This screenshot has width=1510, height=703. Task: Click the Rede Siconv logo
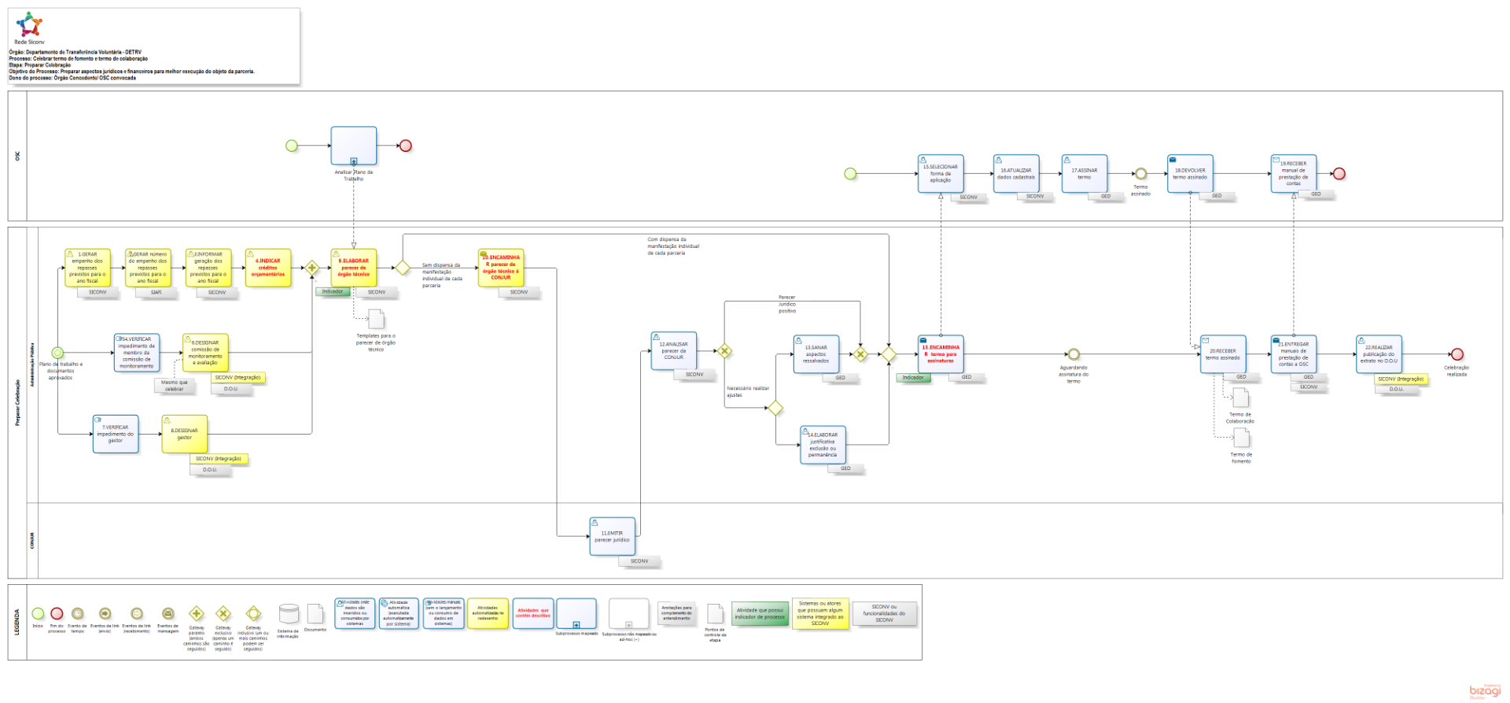coord(30,25)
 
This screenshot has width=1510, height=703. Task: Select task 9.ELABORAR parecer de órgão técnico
coord(354,268)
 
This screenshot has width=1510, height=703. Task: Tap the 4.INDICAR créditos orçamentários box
coord(268,268)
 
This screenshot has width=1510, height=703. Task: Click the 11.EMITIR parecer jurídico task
coord(613,536)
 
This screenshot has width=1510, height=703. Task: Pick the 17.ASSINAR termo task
coord(1084,173)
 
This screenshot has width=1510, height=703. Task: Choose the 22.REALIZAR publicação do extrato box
coord(1379,353)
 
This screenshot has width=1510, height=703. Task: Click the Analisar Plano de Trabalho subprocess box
coord(354,146)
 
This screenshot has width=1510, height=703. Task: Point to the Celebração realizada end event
coord(1457,354)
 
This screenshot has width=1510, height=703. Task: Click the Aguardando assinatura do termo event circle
coord(1074,354)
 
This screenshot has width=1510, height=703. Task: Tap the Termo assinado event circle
coord(1140,174)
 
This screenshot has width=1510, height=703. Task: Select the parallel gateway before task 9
coord(312,268)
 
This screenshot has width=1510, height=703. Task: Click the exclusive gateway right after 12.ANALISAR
coord(724,351)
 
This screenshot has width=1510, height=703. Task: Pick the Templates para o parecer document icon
coord(377,319)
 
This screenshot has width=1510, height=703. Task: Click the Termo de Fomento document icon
coord(1241,438)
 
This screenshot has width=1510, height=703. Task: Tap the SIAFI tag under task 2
coord(156,292)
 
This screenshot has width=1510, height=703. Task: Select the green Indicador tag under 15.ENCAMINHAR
coord(913,378)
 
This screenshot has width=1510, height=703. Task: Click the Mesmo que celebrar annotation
coord(174,385)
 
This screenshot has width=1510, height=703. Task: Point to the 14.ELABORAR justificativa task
coord(823,445)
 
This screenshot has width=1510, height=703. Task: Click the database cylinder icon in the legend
coord(289,614)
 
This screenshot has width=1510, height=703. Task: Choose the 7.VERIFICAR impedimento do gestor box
coord(116,434)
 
